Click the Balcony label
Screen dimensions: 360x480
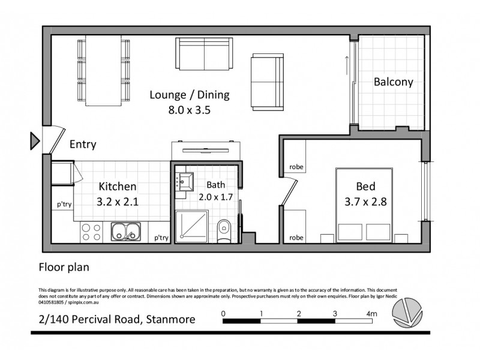pos(393,82)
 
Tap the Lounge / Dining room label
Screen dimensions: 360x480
pos(189,95)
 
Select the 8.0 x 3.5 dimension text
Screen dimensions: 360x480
pos(189,110)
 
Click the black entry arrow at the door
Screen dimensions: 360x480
pos(34,141)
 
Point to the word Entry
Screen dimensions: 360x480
pos(83,145)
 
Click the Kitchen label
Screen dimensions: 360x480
pos(118,187)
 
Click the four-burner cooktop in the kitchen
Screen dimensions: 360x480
pos(91,231)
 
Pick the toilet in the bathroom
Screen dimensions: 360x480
pos(223,228)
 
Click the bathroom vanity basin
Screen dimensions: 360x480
pos(185,179)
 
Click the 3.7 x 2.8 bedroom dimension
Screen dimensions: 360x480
pos(366,202)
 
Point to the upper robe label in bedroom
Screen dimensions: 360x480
pos(296,167)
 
